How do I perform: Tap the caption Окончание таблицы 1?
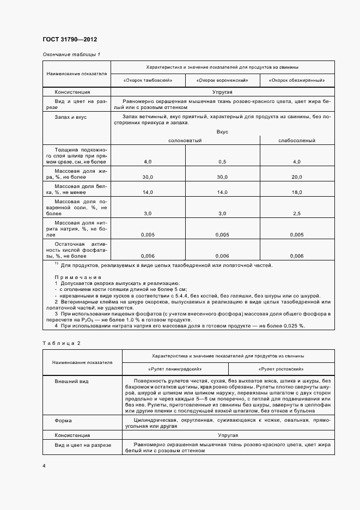pos(71,54)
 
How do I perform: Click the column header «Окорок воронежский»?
pos(223,80)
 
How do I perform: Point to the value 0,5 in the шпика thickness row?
pos(222,162)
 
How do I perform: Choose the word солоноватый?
pos(185,141)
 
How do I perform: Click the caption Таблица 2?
pos(61,343)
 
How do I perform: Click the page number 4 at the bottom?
pos(44,466)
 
